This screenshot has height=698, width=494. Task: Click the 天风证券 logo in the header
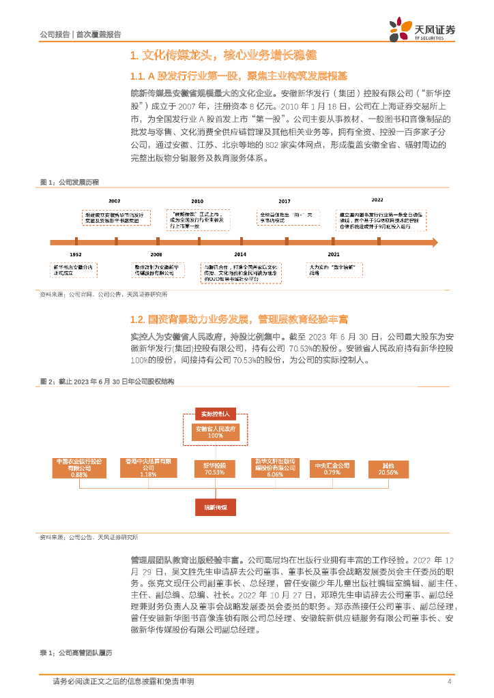click(422, 29)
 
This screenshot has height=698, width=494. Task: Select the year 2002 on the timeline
click(114, 202)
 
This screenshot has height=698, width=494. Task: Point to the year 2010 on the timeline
click(197, 202)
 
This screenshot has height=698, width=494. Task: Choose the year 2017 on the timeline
click(285, 202)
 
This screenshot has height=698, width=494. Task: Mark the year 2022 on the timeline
click(377, 200)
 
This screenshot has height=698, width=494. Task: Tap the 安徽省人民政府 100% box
click(216, 431)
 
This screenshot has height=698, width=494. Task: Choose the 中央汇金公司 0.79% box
click(332, 468)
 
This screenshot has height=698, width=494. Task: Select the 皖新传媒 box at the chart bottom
click(216, 508)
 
